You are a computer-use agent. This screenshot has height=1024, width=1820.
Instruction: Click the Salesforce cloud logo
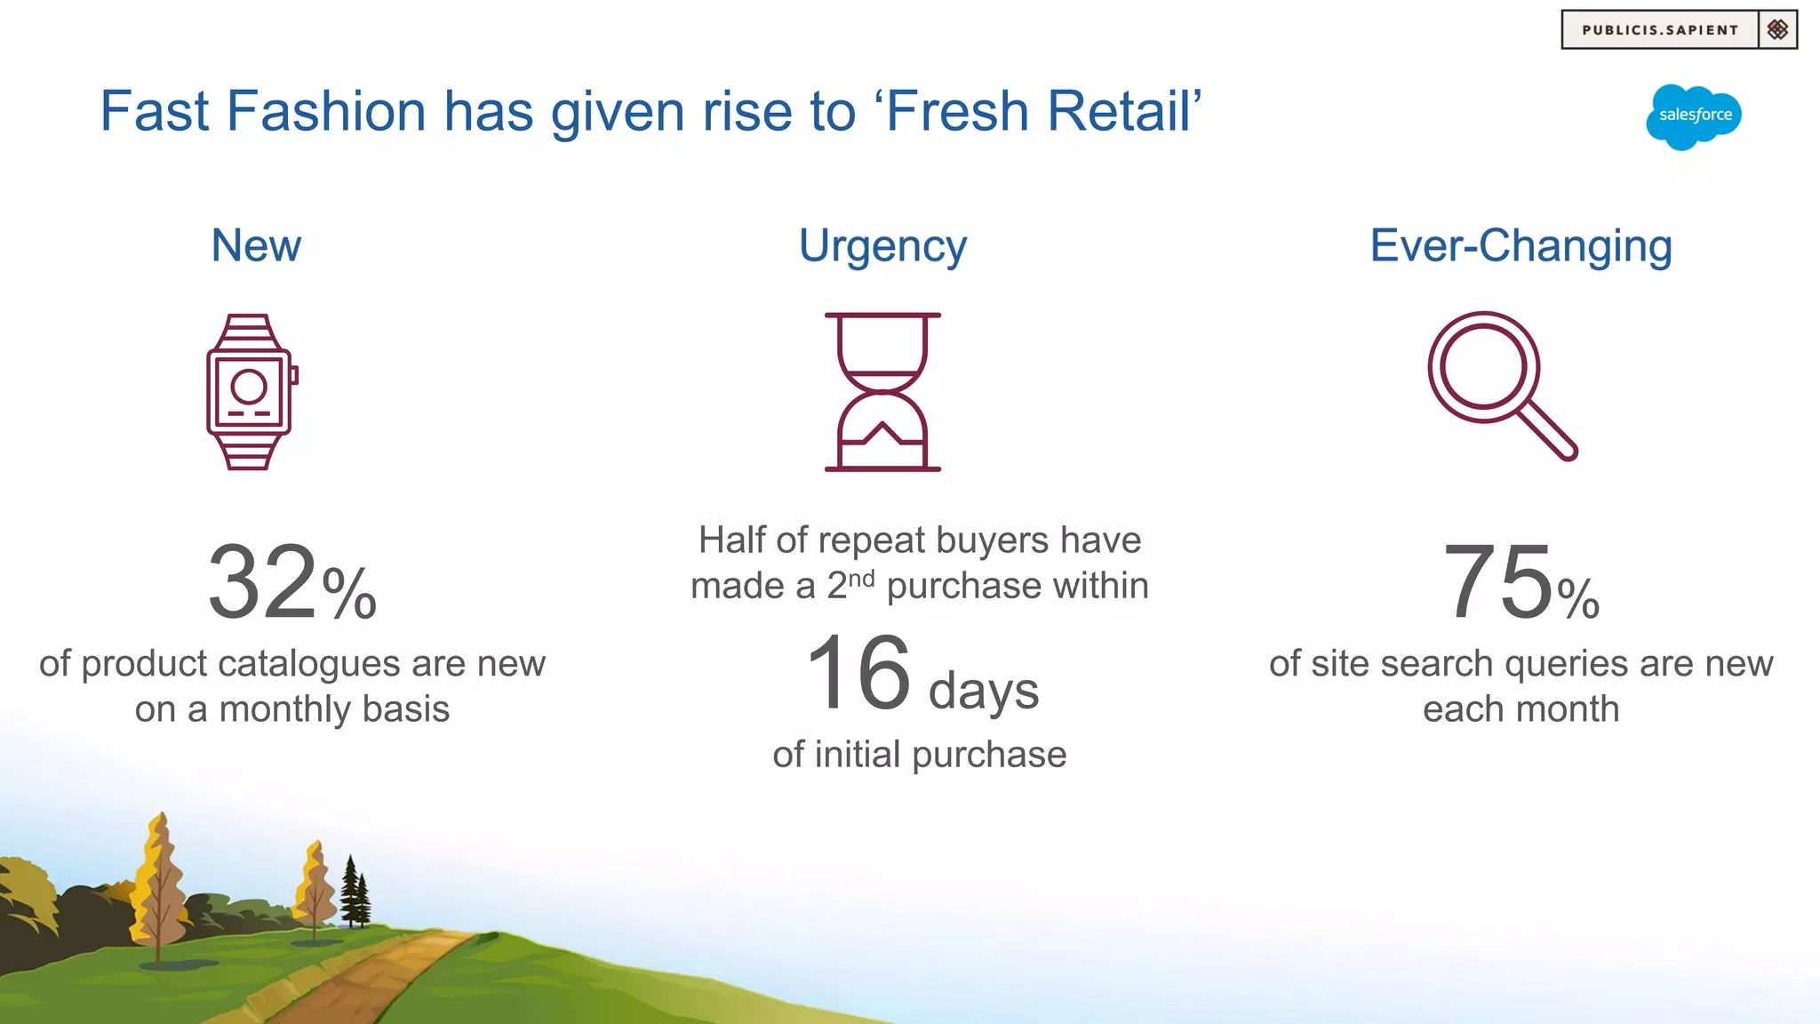pyautogui.click(x=1694, y=116)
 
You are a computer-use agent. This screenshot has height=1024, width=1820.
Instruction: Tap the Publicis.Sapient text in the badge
pyautogui.click(x=1659, y=30)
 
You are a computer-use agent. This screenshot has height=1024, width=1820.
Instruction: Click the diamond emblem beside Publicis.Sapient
pyautogui.click(x=1777, y=30)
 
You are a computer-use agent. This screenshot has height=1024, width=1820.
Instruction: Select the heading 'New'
pyautogui.click(x=256, y=245)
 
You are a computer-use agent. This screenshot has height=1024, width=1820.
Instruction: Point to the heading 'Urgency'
pyautogui.click(x=882, y=246)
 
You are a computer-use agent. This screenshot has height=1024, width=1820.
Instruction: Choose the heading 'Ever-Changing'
pyautogui.click(x=1521, y=246)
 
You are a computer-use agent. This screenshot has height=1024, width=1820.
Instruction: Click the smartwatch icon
pyautogui.click(x=251, y=391)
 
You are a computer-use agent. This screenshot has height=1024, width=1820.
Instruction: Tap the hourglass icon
pyautogui.click(x=882, y=391)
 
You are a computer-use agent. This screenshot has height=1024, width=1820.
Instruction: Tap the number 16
pyautogui.click(x=858, y=673)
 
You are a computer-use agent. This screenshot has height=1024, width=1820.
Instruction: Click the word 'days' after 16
pyautogui.click(x=983, y=691)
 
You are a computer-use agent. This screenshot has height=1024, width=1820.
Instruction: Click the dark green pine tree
pyautogui.click(x=355, y=893)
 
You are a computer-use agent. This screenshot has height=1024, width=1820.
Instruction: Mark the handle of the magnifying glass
pyautogui.click(x=1547, y=432)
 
